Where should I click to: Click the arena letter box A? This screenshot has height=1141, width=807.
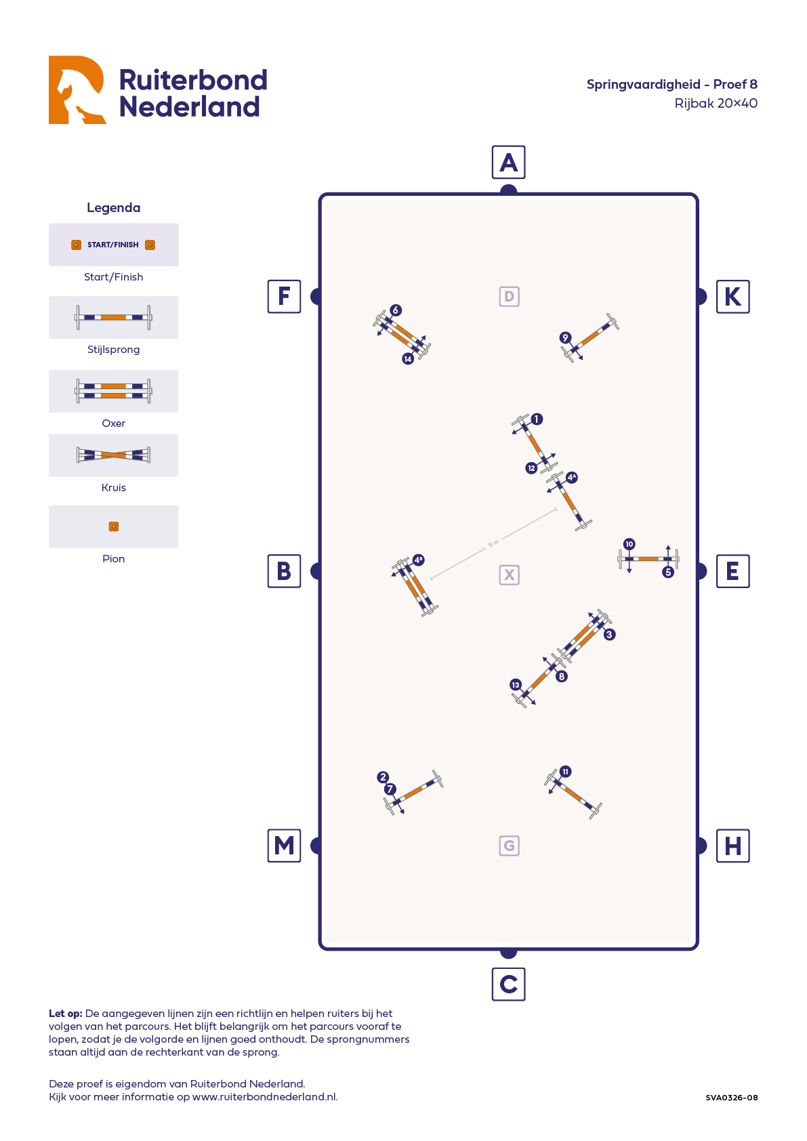coord(508,163)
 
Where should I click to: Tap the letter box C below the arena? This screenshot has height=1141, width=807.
coord(508,984)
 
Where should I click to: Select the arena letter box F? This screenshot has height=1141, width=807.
coord(284,296)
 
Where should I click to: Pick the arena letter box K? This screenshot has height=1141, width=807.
coord(732,296)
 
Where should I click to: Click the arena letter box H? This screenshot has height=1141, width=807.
coord(732,846)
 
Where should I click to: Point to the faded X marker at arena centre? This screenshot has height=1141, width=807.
coord(509,575)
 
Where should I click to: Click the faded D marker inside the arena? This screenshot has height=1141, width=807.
coord(509,296)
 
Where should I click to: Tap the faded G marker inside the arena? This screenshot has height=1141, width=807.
coord(509,846)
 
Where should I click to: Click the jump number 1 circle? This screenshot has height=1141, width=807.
coord(537,419)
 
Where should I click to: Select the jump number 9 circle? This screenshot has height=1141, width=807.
coord(565,337)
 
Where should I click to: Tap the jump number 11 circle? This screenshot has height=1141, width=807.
coord(565,772)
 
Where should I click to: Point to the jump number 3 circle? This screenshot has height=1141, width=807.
coord(609,635)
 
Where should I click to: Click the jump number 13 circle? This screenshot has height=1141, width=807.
coord(516,685)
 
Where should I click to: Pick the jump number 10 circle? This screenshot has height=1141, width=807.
coord(629,544)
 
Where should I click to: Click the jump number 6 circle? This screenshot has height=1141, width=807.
coord(396,310)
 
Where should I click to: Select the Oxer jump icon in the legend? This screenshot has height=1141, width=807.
coord(113,391)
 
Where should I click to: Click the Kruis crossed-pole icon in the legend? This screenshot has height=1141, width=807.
coord(113,455)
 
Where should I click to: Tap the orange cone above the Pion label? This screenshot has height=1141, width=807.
coord(114,526)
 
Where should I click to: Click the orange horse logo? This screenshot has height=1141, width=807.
coord(77,89)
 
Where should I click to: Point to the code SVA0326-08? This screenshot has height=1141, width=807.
coord(731,1098)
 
